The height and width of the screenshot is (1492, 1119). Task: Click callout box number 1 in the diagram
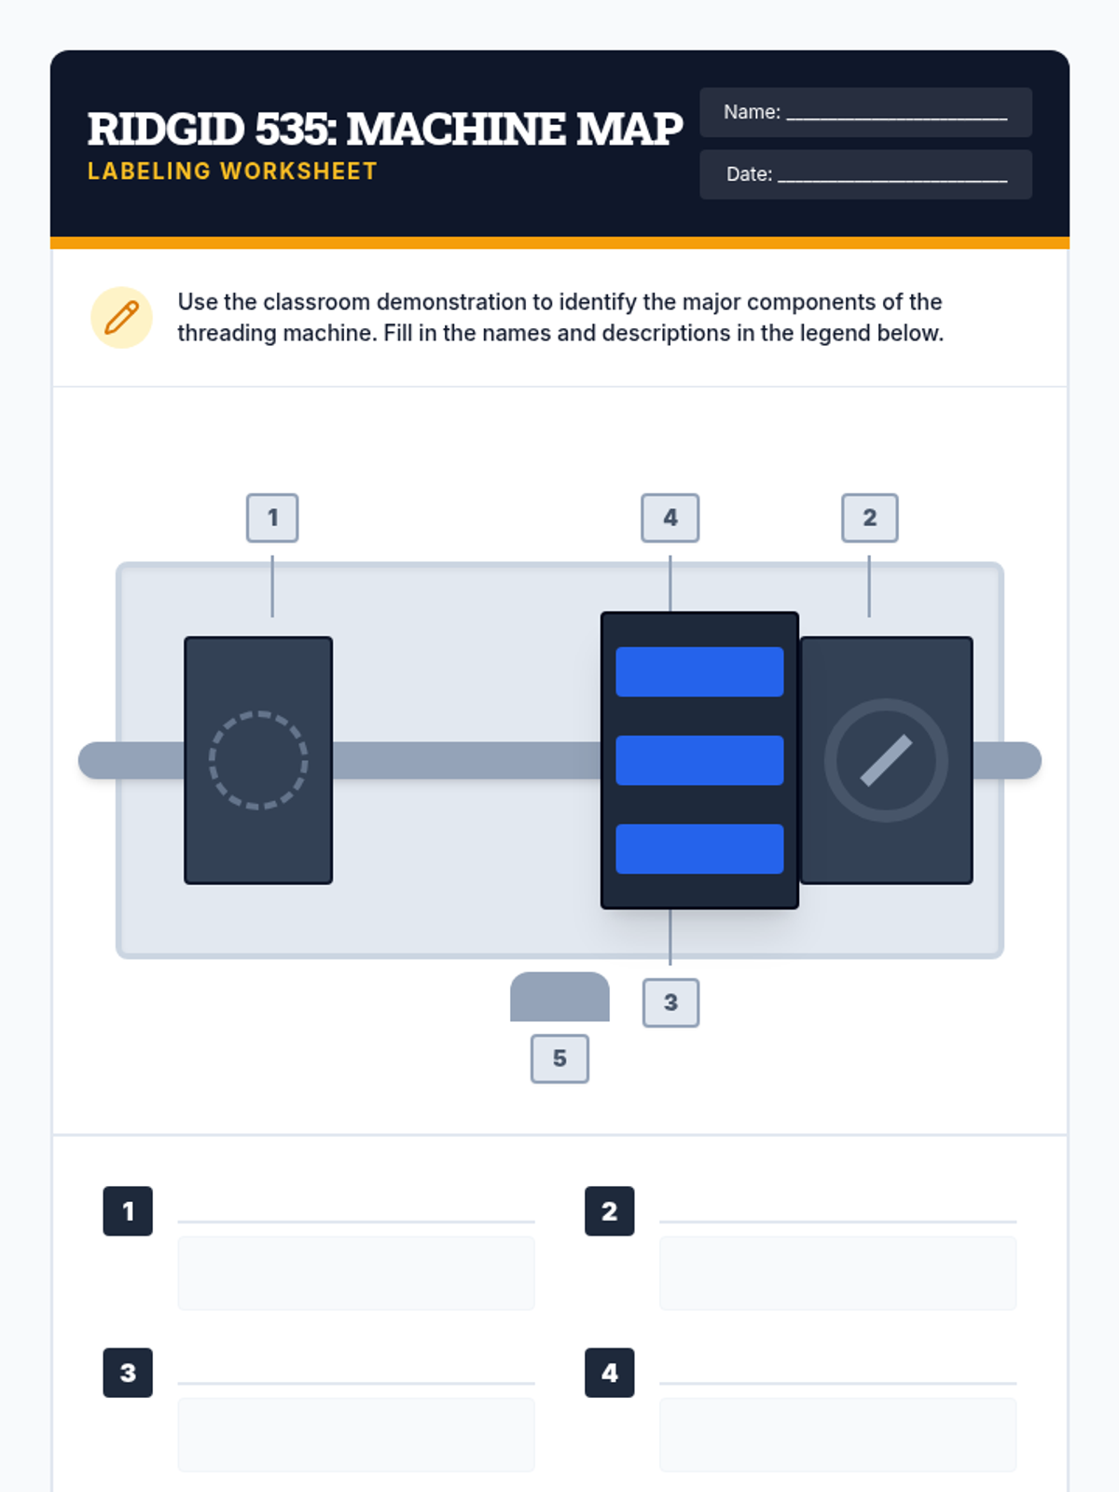[x=271, y=518]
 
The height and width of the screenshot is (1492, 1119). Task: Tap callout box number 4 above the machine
[x=670, y=518]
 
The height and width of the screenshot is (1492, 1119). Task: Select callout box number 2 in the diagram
[x=870, y=518]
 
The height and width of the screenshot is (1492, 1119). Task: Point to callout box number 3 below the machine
[x=670, y=1002]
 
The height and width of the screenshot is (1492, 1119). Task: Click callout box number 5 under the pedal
[x=559, y=1058]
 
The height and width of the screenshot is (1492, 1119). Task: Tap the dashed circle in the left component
[x=258, y=760]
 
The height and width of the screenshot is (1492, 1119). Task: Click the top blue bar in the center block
[x=699, y=671]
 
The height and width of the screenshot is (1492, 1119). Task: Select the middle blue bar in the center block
[x=699, y=760]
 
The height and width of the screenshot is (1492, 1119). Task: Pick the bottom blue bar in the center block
[x=699, y=849]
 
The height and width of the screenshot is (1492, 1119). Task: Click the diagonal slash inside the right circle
[x=886, y=760]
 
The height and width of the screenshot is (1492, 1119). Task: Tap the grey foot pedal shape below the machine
[x=559, y=997]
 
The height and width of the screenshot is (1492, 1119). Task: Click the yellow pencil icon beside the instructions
[x=121, y=317]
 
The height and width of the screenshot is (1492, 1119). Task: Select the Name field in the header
[x=865, y=112]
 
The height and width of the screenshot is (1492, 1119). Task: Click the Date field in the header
[x=865, y=174]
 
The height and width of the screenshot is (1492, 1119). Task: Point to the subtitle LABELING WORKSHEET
[x=232, y=172]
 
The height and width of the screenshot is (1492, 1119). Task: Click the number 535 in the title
[x=296, y=129]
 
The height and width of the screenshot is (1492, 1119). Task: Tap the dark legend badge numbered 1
[x=128, y=1211]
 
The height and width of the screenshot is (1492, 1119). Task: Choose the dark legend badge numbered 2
[x=610, y=1211]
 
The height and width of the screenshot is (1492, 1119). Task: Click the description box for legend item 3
[x=356, y=1435]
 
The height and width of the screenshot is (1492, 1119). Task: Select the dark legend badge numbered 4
[x=610, y=1373]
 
